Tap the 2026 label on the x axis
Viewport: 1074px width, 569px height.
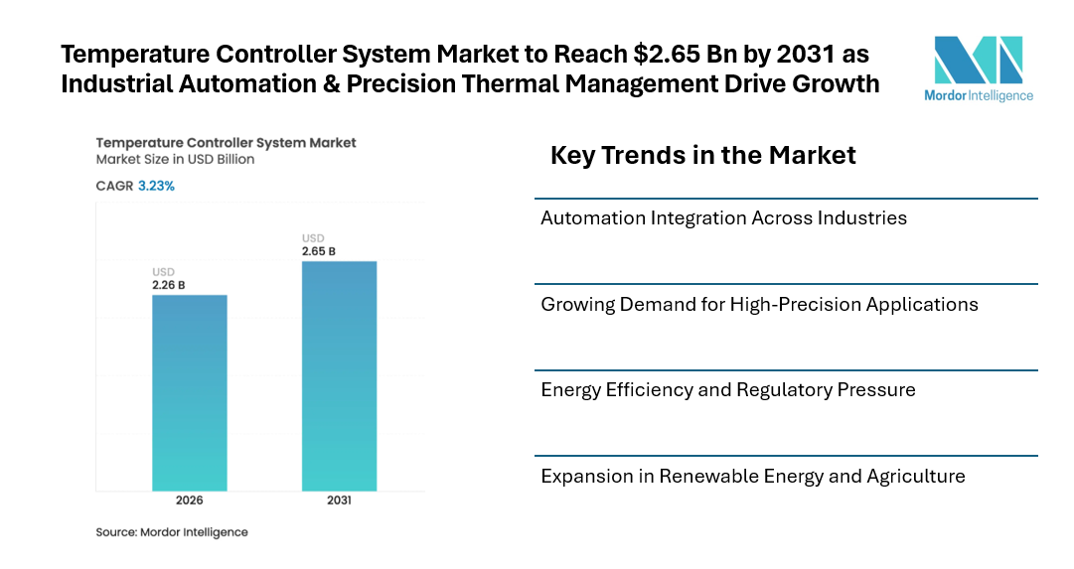click(x=189, y=500)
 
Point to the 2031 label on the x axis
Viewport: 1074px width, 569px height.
click(x=339, y=500)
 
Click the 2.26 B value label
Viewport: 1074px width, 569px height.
click(x=168, y=286)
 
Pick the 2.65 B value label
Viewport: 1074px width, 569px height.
click(x=318, y=251)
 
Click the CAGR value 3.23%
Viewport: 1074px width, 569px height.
click(x=156, y=186)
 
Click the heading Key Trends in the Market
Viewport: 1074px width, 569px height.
click(x=702, y=156)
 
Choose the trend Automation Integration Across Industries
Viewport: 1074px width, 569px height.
click(x=723, y=217)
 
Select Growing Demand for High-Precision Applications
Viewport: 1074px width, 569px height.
click(x=759, y=304)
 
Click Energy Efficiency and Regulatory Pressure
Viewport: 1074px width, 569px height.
click(x=727, y=389)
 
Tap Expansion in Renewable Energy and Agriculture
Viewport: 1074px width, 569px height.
click(x=752, y=476)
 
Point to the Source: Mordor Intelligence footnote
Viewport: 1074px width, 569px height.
click(x=172, y=532)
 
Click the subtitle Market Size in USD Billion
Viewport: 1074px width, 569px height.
click(x=175, y=159)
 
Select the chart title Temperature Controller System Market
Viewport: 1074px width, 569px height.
click(x=226, y=143)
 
